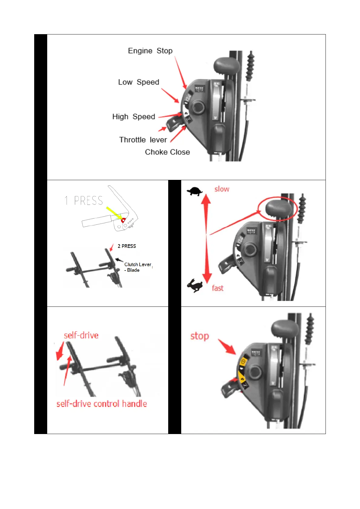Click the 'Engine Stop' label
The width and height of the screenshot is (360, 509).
[150, 51]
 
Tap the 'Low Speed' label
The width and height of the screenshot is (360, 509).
[139, 82]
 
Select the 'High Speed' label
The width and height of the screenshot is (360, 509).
[133, 117]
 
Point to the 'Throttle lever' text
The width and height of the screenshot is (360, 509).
[143, 140]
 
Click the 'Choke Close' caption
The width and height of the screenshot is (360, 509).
[167, 152]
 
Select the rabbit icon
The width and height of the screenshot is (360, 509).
[195, 286]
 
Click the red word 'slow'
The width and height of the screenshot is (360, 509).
[222, 189]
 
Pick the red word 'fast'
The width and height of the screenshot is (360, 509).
[218, 288]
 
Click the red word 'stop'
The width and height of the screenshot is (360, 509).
[200, 336]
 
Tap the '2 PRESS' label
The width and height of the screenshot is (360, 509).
[127, 246]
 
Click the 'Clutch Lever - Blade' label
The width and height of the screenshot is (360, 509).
[137, 267]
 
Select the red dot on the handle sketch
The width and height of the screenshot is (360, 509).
[123, 220]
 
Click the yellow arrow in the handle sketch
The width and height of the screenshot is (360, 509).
[113, 213]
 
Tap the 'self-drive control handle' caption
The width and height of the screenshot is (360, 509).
[102, 404]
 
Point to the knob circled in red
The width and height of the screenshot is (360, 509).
[278, 209]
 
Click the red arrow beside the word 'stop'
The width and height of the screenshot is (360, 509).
[227, 347]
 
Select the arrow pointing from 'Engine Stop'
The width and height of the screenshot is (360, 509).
[180, 73]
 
